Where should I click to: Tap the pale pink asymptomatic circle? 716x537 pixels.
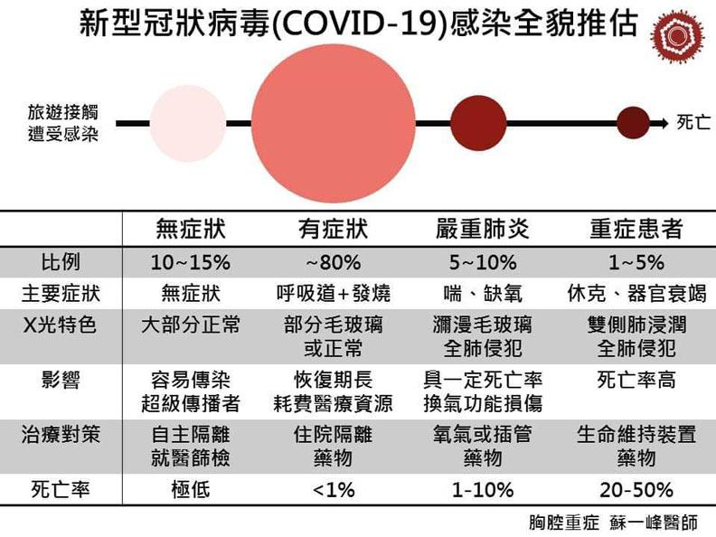click(188, 122)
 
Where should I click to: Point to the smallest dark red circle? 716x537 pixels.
click(631, 121)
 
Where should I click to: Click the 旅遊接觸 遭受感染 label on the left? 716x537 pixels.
click(61, 123)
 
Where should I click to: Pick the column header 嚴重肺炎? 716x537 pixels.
click(477, 230)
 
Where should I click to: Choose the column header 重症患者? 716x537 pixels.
click(636, 230)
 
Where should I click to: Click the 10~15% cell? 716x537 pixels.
click(190, 263)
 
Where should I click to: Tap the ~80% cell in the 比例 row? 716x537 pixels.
click(334, 263)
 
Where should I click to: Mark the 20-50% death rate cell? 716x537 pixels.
click(636, 490)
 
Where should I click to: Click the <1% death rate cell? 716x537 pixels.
click(334, 490)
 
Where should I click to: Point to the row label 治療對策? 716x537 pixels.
click(60, 435)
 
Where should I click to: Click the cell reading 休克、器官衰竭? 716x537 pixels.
click(636, 294)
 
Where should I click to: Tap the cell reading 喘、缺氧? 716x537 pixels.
click(477, 294)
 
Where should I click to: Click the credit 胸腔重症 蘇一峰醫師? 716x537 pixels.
click(613, 523)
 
